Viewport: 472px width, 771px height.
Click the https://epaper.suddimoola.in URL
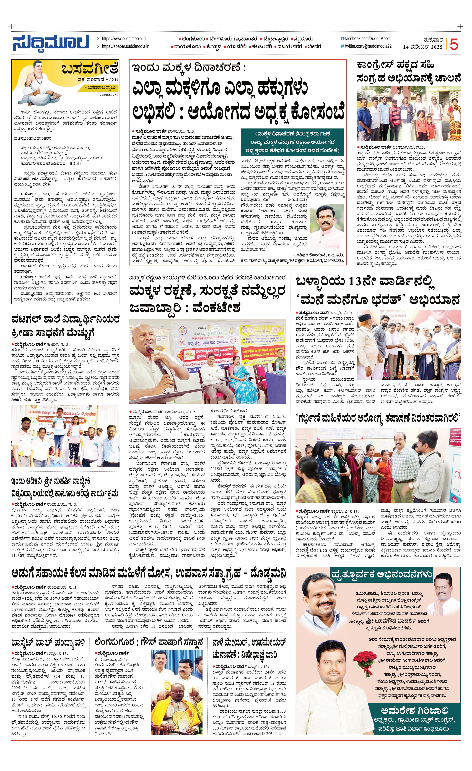pos(125,46)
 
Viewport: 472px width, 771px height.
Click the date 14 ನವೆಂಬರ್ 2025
pos(422,47)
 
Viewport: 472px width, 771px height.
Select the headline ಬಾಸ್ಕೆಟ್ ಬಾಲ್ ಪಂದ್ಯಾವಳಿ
pos(48,643)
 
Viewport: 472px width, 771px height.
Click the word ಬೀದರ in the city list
pos(314,47)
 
